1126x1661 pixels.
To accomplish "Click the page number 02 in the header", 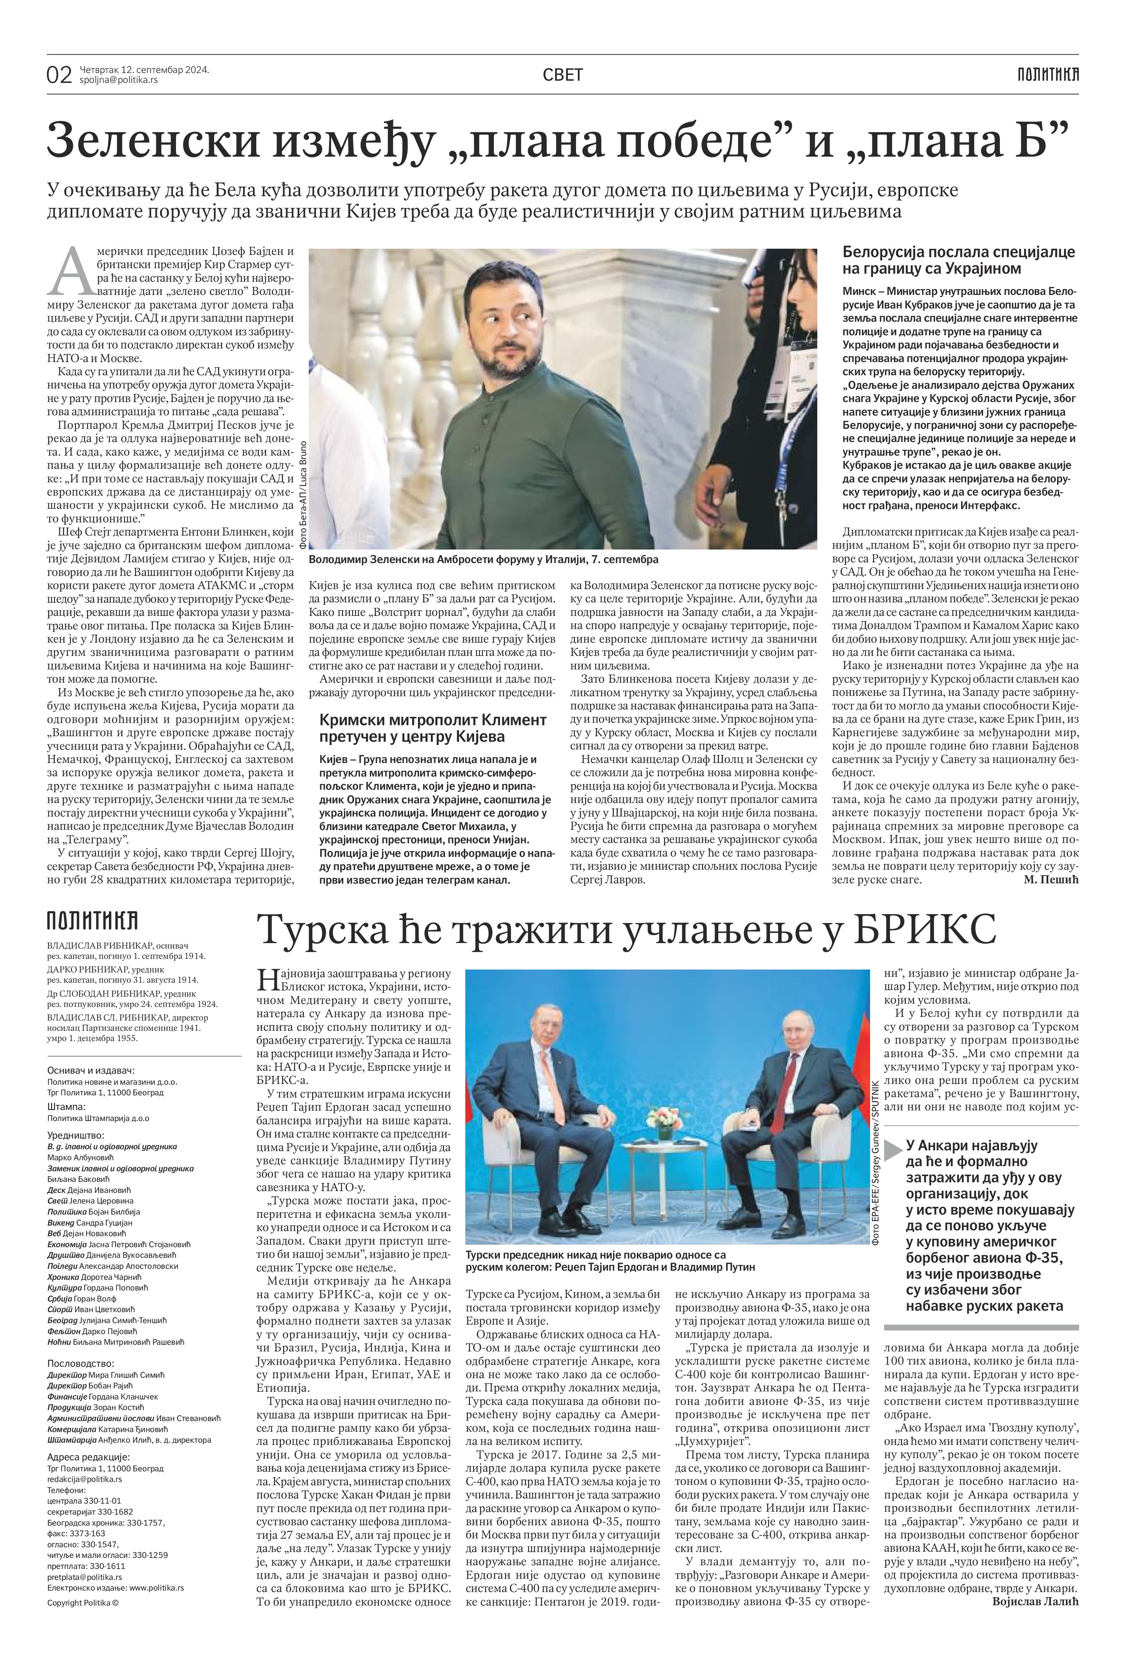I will pyautogui.click(x=59, y=74).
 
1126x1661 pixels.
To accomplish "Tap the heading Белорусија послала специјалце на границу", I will pyautogui.click(x=959, y=260).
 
